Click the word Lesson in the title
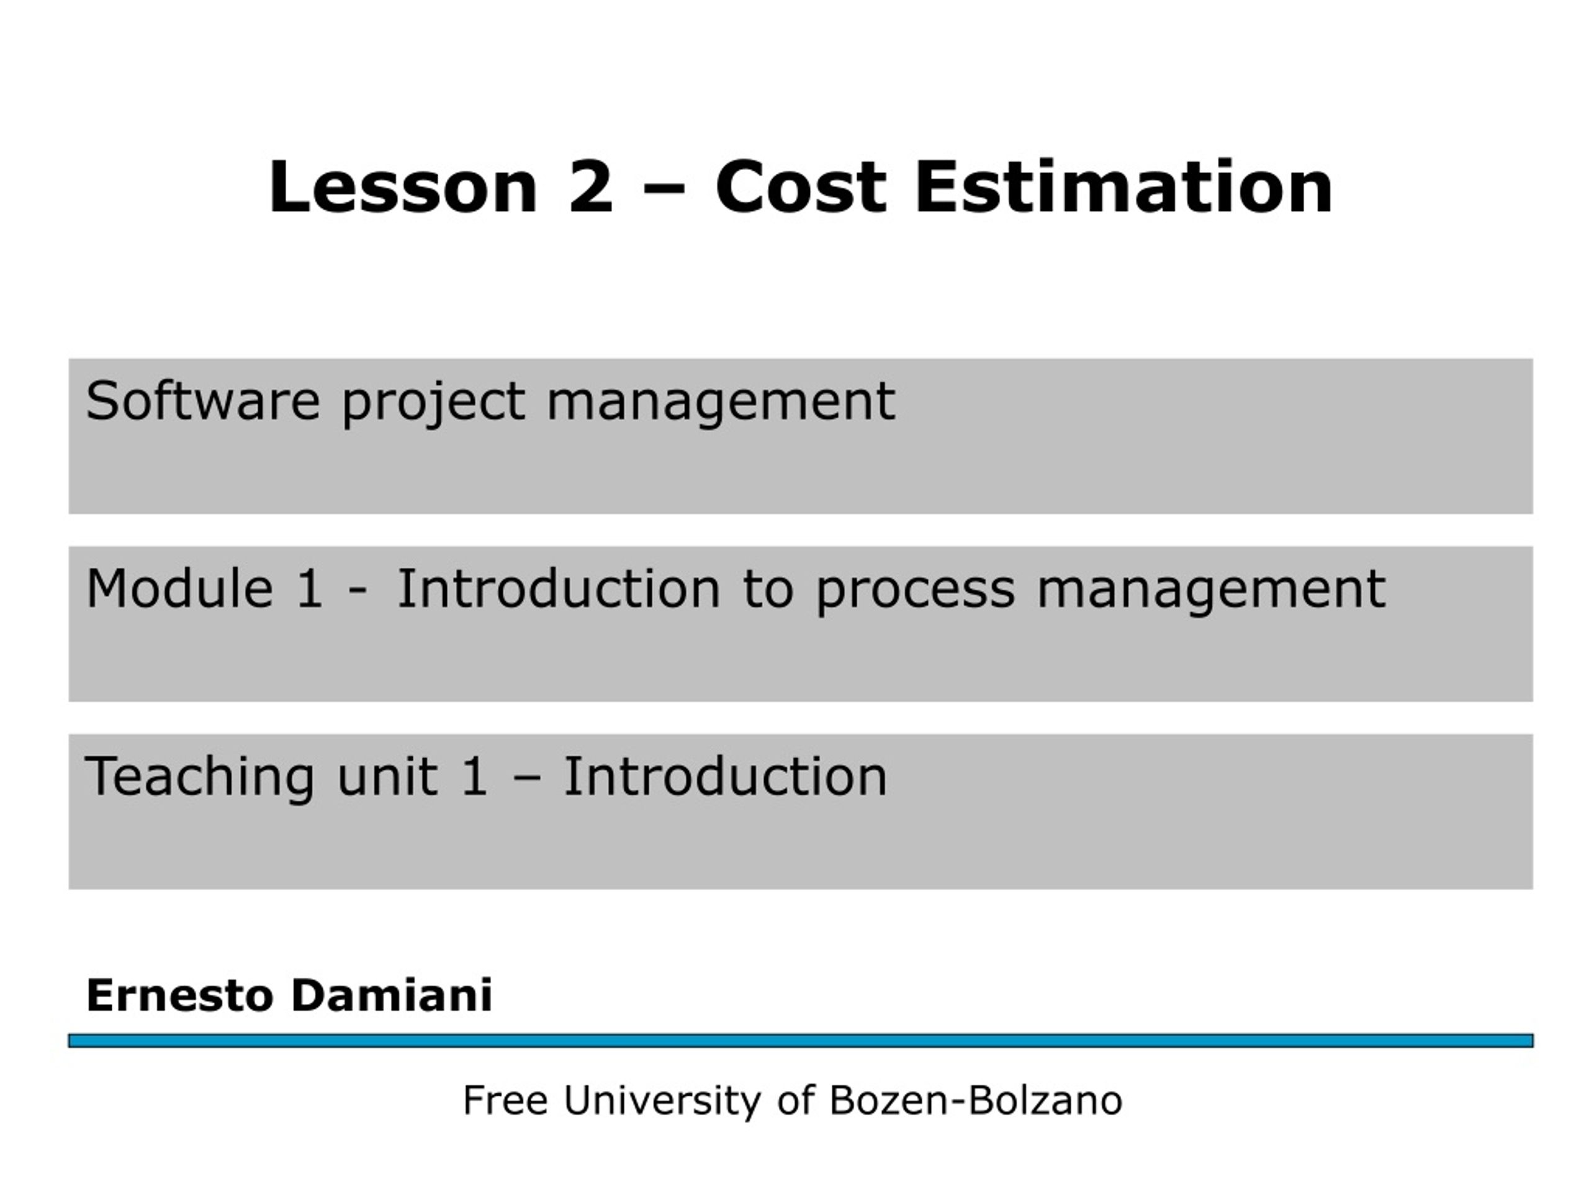coord(403,187)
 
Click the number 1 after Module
coord(310,589)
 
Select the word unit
coord(387,776)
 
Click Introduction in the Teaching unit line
coord(726,776)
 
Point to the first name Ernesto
coord(179,995)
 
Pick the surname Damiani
coord(392,995)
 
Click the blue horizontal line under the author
coord(801,1041)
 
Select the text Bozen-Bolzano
coord(976,1100)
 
